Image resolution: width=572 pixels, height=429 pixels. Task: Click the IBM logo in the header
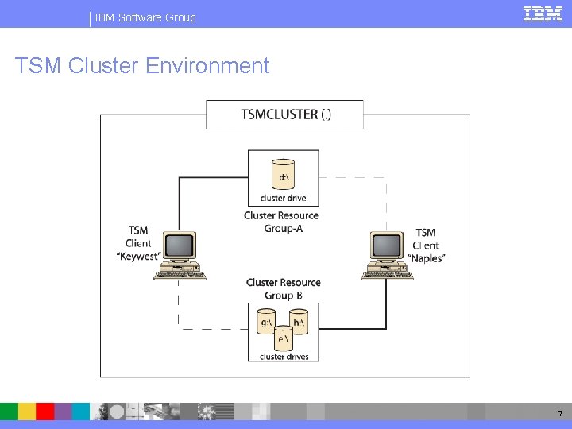point(543,14)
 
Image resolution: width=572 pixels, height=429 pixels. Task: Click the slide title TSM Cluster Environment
point(142,65)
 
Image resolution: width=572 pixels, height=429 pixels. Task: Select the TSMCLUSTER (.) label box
point(285,114)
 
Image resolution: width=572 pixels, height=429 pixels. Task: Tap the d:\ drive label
point(283,175)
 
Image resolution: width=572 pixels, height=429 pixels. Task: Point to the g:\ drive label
point(266,322)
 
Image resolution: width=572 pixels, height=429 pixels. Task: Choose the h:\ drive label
point(300,322)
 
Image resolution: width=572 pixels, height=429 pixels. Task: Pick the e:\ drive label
point(282,339)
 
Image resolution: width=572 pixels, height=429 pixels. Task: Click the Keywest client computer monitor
point(180,247)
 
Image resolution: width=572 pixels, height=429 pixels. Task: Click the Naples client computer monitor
point(387,247)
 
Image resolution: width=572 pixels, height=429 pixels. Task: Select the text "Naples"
point(427,258)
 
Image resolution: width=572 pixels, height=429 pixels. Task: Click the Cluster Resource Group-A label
point(281,222)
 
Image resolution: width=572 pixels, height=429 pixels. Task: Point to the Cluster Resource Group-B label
point(283,288)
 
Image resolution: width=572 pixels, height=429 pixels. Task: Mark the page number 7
point(560,413)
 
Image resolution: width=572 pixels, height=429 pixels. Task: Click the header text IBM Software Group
point(145,17)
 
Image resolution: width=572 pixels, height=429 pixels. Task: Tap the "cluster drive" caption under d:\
point(283,198)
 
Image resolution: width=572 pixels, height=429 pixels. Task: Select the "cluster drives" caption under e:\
point(284,357)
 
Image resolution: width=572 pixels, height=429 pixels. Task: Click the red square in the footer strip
point(45,411)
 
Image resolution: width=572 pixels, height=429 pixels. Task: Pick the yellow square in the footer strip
point(27,411)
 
